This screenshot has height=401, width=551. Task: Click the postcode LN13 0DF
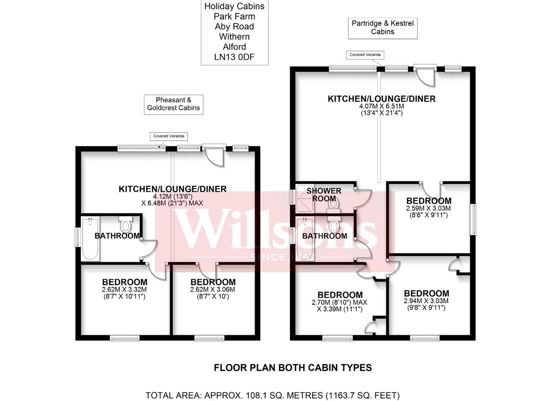(x=234, y=57)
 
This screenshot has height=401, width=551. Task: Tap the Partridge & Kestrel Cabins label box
(x=382, y=27)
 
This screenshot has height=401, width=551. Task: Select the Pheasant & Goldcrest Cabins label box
(x=173, y=104)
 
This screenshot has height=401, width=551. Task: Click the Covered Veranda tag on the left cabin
(x=169, y=136)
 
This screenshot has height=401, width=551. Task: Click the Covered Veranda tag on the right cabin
(x=365, y=55)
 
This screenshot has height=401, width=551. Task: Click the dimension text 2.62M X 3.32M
(x=124, y=290)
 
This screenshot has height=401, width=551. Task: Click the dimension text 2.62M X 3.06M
(x=212, y=290)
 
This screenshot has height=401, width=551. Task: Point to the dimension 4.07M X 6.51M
(x=381, y=106)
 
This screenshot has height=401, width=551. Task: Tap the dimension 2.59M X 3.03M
(x=428, y=209)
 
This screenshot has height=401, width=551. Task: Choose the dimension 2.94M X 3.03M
(x=426, y=301)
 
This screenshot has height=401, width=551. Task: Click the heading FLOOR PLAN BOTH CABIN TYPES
(x=293, y=368)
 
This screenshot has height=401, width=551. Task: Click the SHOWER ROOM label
(x=324, y=195)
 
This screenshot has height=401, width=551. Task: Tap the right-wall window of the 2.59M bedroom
(x=473, y=219)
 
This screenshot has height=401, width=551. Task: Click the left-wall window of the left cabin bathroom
(x=77, y=237)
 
